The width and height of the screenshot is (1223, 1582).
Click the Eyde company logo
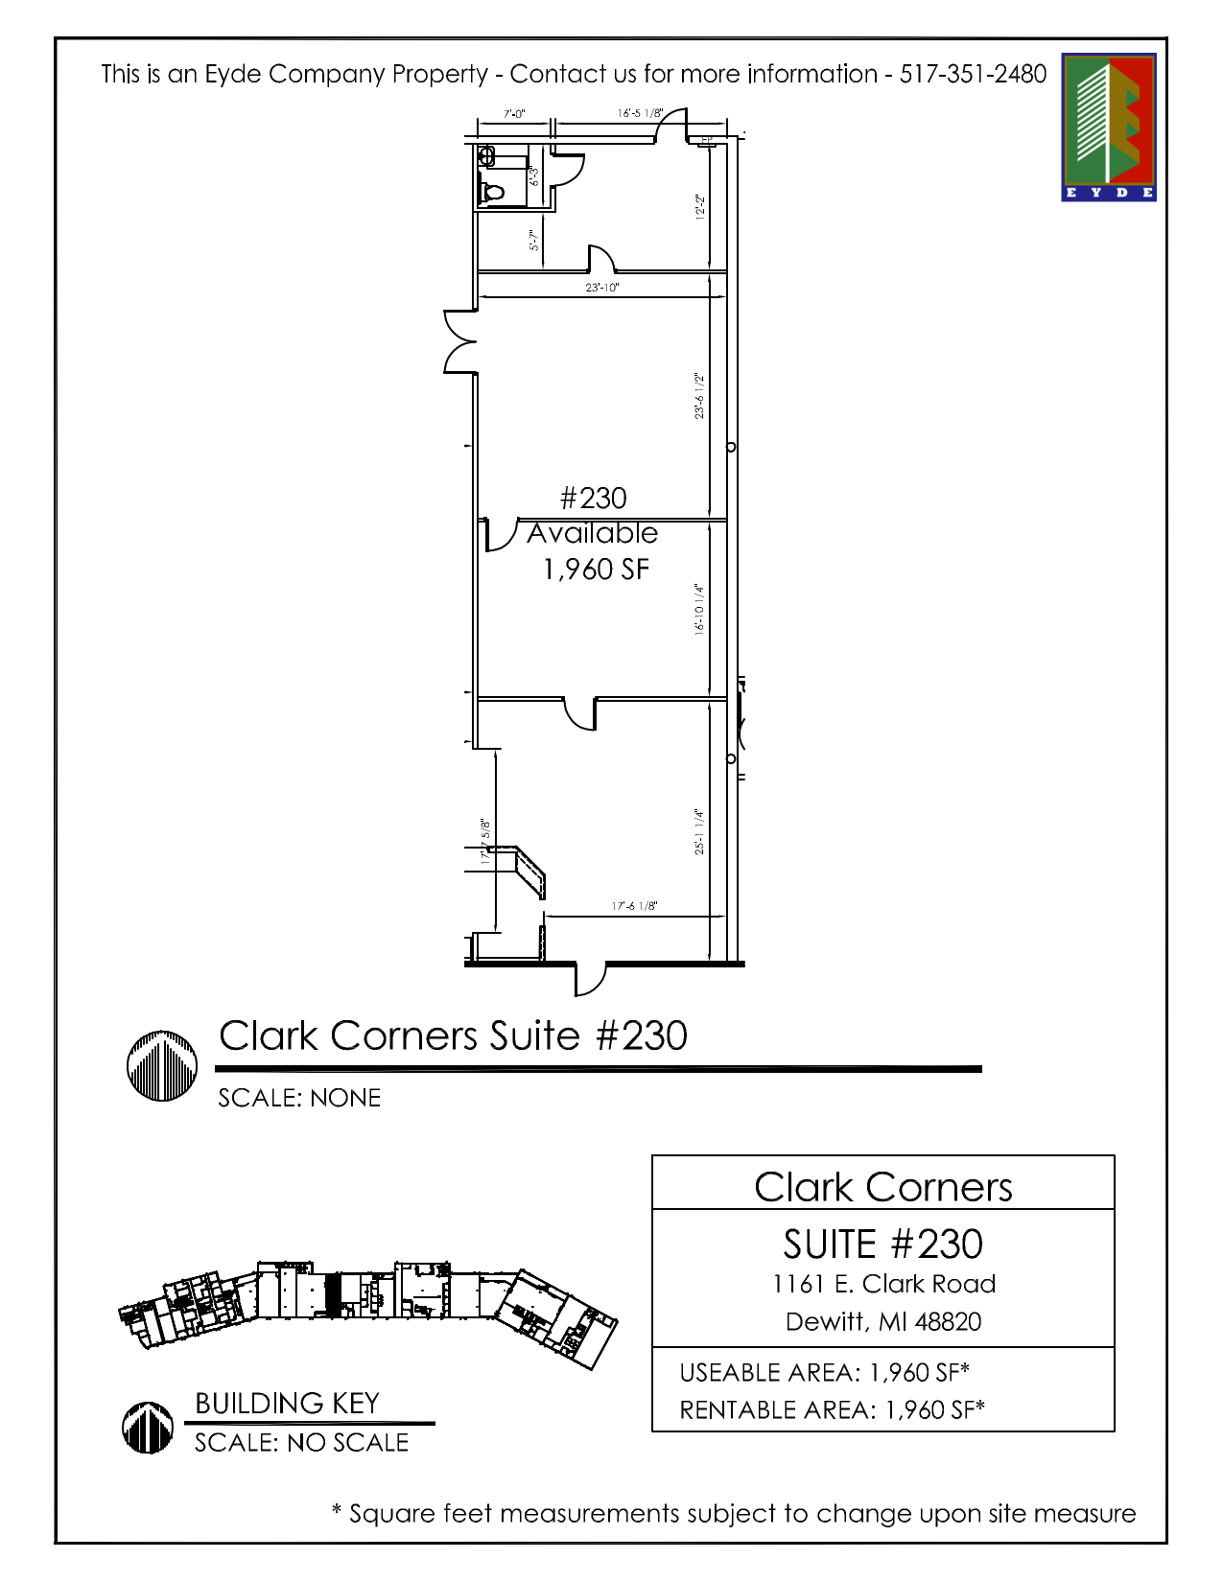[1108, 127]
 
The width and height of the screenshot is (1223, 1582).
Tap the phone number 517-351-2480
[972, 74]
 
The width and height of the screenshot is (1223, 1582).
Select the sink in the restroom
[486, 155]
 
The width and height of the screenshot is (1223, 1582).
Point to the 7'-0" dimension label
[514, 114]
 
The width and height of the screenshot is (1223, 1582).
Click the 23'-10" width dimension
[602, 287]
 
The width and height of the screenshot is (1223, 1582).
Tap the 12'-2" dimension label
[700, 207]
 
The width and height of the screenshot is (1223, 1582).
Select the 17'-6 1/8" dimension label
[634, 906]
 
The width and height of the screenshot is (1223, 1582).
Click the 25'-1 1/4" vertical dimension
[700, 831]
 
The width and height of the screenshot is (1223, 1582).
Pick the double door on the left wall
[459, 341]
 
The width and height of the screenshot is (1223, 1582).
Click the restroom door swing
[570, 171]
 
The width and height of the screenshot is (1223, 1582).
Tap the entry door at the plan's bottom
[590, 977]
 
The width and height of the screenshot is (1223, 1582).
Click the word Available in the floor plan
[592, 533]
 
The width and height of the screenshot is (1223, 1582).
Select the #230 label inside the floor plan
[593, 499]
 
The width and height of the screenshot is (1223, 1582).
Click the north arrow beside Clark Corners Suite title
[162, 1065]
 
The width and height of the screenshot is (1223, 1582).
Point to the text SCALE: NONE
[299, 1098]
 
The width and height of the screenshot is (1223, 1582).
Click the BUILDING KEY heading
[287, 1404]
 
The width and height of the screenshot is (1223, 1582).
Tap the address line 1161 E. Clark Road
[883, 1284]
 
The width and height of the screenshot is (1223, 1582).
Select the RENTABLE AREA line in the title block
[832, 1409]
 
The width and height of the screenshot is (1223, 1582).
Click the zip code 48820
[948, 1322]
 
